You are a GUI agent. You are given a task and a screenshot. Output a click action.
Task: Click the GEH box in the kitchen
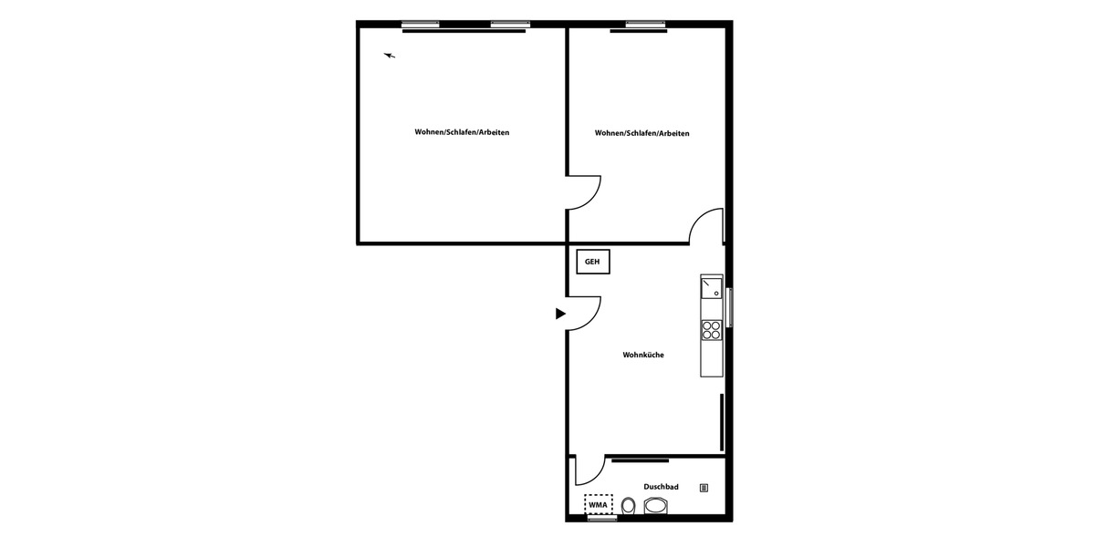[592, 263]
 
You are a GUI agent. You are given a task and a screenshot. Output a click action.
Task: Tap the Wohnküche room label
[643, 355]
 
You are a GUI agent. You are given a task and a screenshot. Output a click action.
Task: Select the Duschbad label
[661, 487]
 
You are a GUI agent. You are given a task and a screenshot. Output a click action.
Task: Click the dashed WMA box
[599, 504]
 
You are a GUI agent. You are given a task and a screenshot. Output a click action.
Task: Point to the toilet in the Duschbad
[628, 506]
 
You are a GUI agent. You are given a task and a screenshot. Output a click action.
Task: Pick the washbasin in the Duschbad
[657, 506]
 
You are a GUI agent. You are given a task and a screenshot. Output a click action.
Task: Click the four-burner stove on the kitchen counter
[712, 330]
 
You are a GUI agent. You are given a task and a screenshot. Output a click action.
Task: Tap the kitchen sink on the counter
[711, 289]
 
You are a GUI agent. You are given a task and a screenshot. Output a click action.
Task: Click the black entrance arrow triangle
[560, 314]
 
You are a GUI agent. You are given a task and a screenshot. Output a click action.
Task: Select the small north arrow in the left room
[390, 56]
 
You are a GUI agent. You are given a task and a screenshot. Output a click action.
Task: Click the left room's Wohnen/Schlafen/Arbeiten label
[462, 132]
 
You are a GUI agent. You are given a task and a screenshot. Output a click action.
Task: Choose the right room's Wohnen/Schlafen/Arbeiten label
[641, 133]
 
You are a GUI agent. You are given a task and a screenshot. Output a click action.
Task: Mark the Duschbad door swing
[589, 470]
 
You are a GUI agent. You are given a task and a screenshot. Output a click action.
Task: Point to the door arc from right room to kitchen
[706, 226]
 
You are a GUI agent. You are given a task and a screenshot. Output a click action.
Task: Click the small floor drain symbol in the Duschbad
[704, 488]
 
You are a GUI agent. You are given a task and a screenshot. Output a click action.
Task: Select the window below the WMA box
[601, 518]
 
